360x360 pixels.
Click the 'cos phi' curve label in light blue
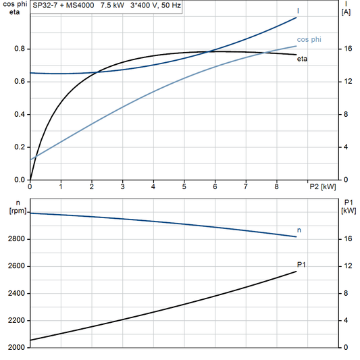(309, 40)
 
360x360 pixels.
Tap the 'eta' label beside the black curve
(302, 59)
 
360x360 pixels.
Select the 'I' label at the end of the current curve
(299, 11)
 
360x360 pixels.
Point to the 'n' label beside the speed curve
(299, 230)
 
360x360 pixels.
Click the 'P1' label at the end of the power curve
(301, 264)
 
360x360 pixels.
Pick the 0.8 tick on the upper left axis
(20, 49)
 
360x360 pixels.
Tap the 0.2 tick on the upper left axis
(20, 147)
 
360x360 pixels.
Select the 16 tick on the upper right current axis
(346, 49)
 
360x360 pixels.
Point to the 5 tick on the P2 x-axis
(184, 186)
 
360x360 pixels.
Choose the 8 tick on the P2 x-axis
(276, 186)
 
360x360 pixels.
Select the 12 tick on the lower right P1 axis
(346, 266)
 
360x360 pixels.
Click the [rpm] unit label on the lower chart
(14, 211)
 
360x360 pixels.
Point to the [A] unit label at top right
(346, 12)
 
